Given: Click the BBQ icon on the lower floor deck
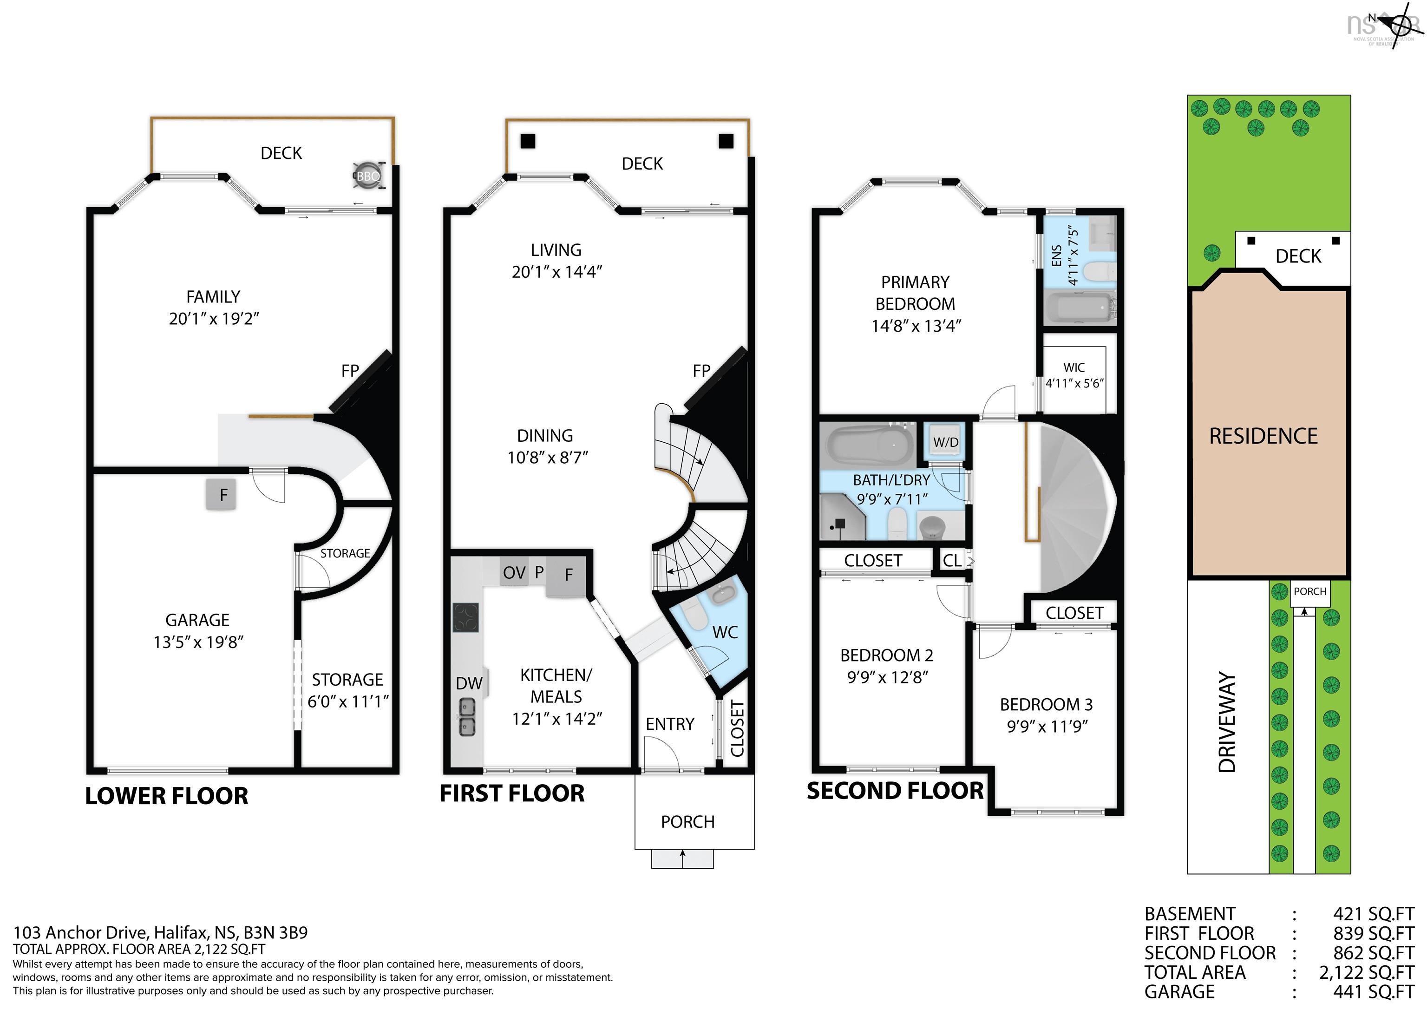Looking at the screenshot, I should (368, 176).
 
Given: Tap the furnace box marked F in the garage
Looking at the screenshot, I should (223, 495).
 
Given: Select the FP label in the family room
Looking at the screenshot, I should (350, 371).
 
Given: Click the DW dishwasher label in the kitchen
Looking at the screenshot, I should (469, 683).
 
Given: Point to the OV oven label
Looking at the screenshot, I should (514, 573).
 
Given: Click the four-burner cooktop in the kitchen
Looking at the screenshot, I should (465, 617).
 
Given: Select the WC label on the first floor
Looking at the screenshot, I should (725, 633).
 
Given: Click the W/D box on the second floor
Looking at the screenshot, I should (945, 442).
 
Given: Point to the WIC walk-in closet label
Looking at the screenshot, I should (1074, 367).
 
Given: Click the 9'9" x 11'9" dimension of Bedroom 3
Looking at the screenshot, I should (1047, 726).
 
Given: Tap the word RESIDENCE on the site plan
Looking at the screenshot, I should (1263, 436).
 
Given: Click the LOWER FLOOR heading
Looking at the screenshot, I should (167, 796).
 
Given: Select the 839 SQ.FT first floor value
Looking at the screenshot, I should (1374, 933).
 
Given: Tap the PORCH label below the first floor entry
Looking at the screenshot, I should (687, 822).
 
